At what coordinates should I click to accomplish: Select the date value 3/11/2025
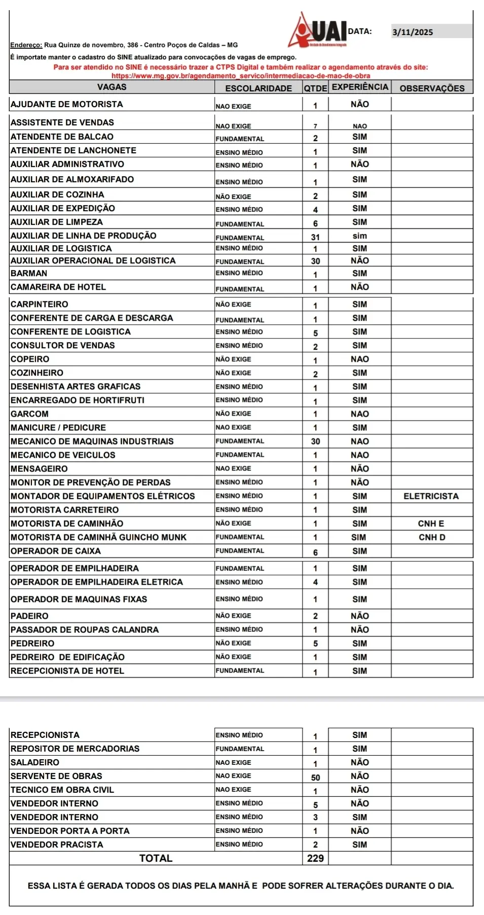(x=413, y=32)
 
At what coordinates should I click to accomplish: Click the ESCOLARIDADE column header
(x=258, y=88)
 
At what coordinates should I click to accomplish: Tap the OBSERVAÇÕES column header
(x=432, y=88)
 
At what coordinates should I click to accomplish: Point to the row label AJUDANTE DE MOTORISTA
(x=67, y=104)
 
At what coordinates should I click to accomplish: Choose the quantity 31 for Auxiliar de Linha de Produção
(x=315, y=237)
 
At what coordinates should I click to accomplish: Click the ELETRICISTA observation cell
(x=431, y=496)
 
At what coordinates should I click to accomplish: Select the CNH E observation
(x=431, y=523)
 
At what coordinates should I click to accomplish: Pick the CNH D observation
(x=432, y=537)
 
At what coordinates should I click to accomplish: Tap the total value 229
(x=315, y=858)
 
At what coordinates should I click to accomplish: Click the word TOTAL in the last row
(x=156, y=858)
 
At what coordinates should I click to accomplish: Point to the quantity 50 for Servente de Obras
(x=315, y=777)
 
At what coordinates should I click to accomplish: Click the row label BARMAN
(x=29, y=273)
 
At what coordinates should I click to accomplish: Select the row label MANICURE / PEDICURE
(x=58, y=427)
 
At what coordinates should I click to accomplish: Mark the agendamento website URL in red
(x=241, y=76)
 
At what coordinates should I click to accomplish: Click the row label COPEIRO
(x=30, y=359)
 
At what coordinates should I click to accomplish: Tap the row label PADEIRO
(x=29, y=616)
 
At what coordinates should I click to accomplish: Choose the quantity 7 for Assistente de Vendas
(x=315, y=126)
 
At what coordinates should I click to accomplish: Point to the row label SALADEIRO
(x=34, y=762)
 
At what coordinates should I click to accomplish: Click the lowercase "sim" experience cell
(x=360, y=236)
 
